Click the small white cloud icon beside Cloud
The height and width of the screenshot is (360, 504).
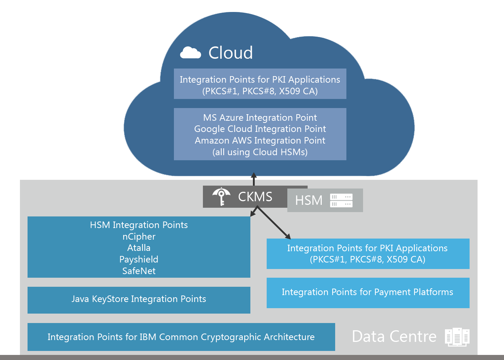coord(191,53)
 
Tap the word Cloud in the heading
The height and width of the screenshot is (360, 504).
coord(230,53)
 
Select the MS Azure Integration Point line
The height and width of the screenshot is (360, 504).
coord(260,117)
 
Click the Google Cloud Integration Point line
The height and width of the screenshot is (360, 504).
coord(260,129)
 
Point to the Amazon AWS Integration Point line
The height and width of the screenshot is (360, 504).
coord(260,141)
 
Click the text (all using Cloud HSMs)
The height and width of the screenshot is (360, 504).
coord(260,152)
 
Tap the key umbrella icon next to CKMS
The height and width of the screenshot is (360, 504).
coord(221,196)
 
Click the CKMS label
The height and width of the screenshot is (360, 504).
coord(255,197)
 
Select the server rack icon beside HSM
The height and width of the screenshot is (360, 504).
coord(341,200)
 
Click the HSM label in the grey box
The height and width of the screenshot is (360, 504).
coord(309,200)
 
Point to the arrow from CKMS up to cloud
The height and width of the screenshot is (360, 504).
coord(254,179)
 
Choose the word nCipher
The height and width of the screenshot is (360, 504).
coord(139,237)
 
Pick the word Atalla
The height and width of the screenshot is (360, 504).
coord(139,248)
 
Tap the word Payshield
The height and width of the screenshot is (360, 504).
coord(139,260)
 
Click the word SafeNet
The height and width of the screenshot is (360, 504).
coord(139,271)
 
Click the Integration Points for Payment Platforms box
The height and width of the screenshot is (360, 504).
coord(368,293)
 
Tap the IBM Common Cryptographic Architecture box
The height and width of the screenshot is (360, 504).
coord(181,337)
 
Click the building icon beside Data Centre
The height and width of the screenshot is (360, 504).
coord(457,337)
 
